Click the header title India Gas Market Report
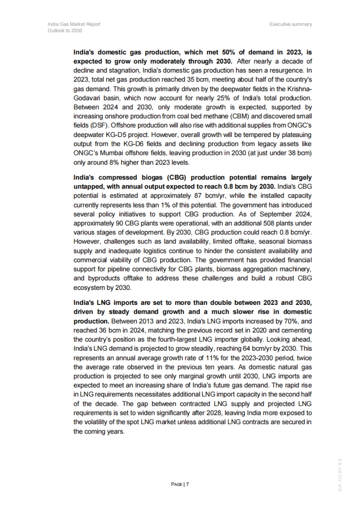[74, 24]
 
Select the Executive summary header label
[290, 24]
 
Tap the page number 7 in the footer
[187, 484]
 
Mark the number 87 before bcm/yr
[195, 196]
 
